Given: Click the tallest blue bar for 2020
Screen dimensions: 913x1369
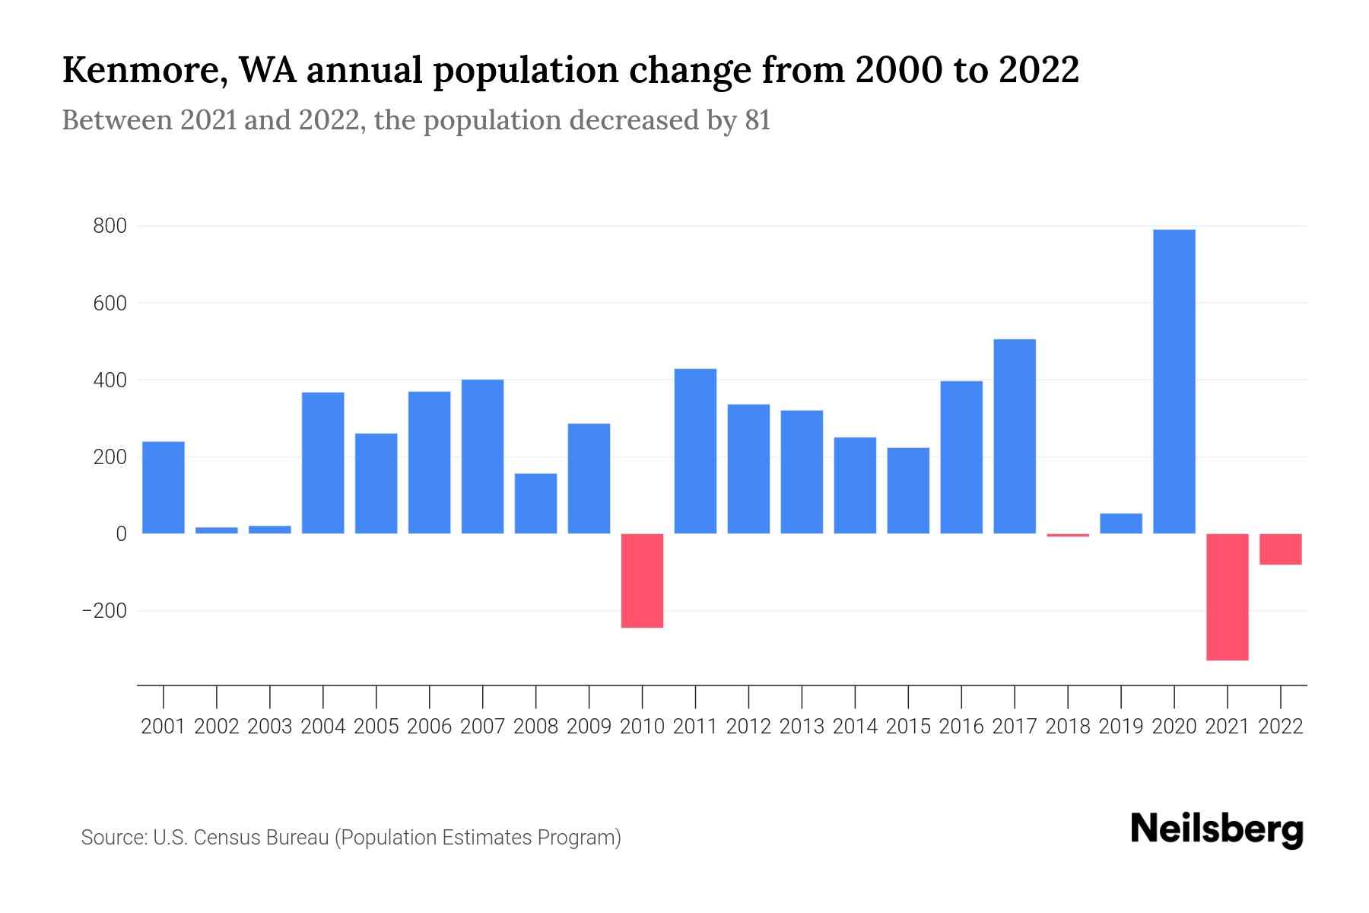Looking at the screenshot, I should (x=1174, y=380).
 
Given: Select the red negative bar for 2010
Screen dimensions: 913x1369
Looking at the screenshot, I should (x=642, y=581).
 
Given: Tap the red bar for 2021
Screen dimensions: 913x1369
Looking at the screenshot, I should (x=1228, y=596).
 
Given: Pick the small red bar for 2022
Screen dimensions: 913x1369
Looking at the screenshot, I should (x=1281, y=549).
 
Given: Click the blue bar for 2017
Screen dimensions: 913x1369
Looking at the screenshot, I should (x=1015, y=436).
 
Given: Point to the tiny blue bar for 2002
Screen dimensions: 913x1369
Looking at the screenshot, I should (x=217, y=530).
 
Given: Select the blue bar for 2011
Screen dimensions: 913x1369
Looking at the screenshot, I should (x=695, y=451).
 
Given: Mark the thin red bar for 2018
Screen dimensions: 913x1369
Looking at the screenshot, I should (x=1068, y=536).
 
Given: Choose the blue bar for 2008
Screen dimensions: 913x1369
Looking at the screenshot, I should (x=535, y=503).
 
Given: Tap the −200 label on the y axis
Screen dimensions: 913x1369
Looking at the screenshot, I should (x=104, y=611).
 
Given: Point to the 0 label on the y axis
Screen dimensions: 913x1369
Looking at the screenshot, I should (x=121, y=534).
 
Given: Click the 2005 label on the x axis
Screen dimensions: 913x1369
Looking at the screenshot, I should (x=376, y=727).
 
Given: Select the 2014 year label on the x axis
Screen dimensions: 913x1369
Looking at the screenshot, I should (x=855, y=727).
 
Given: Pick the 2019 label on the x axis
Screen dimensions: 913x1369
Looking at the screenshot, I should (x=1121, y=727).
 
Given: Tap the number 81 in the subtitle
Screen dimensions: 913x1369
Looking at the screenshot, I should (x=757, y=121).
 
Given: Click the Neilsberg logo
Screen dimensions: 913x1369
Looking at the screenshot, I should (x=1217, y=829).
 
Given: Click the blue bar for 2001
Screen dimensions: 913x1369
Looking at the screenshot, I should (x=164, y=487).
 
